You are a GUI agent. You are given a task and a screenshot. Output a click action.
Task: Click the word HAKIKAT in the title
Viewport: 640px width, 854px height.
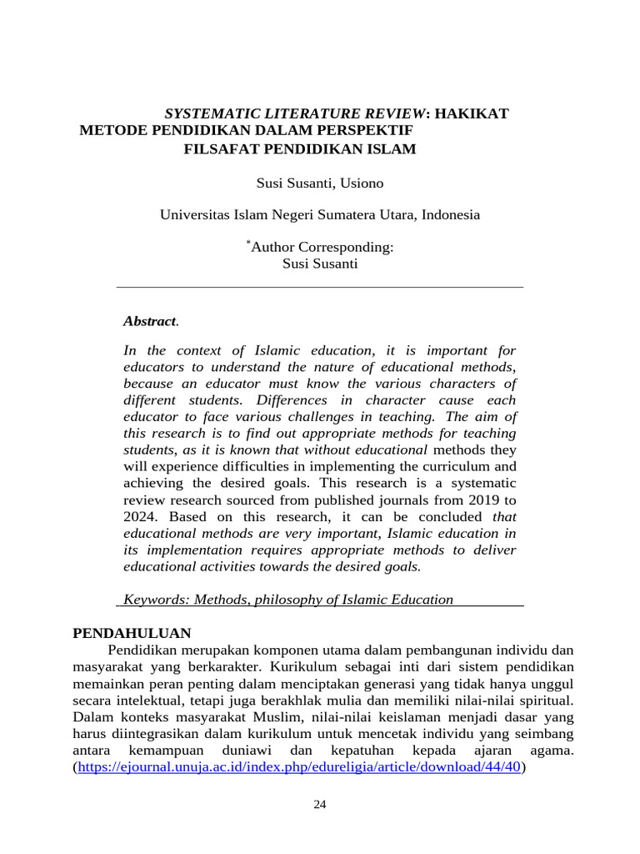(472, 113)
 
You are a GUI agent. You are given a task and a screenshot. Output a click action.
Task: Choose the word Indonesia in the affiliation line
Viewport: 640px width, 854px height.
(451, 214)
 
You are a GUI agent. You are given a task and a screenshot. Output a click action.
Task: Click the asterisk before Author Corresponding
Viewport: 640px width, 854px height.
(247, 243)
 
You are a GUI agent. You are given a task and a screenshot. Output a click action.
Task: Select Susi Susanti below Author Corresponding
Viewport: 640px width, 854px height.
(320, 264)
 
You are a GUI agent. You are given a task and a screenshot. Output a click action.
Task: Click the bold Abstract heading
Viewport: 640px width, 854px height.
(149, 321)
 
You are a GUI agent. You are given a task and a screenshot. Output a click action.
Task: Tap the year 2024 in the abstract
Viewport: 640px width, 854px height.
(138, 516)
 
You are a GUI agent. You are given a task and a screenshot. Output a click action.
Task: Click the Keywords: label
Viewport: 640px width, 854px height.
(152, 600)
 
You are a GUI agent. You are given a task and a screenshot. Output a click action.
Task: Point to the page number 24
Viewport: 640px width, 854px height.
(320, 805)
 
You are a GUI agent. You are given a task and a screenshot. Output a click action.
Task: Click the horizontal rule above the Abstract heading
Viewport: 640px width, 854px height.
(320, 287)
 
